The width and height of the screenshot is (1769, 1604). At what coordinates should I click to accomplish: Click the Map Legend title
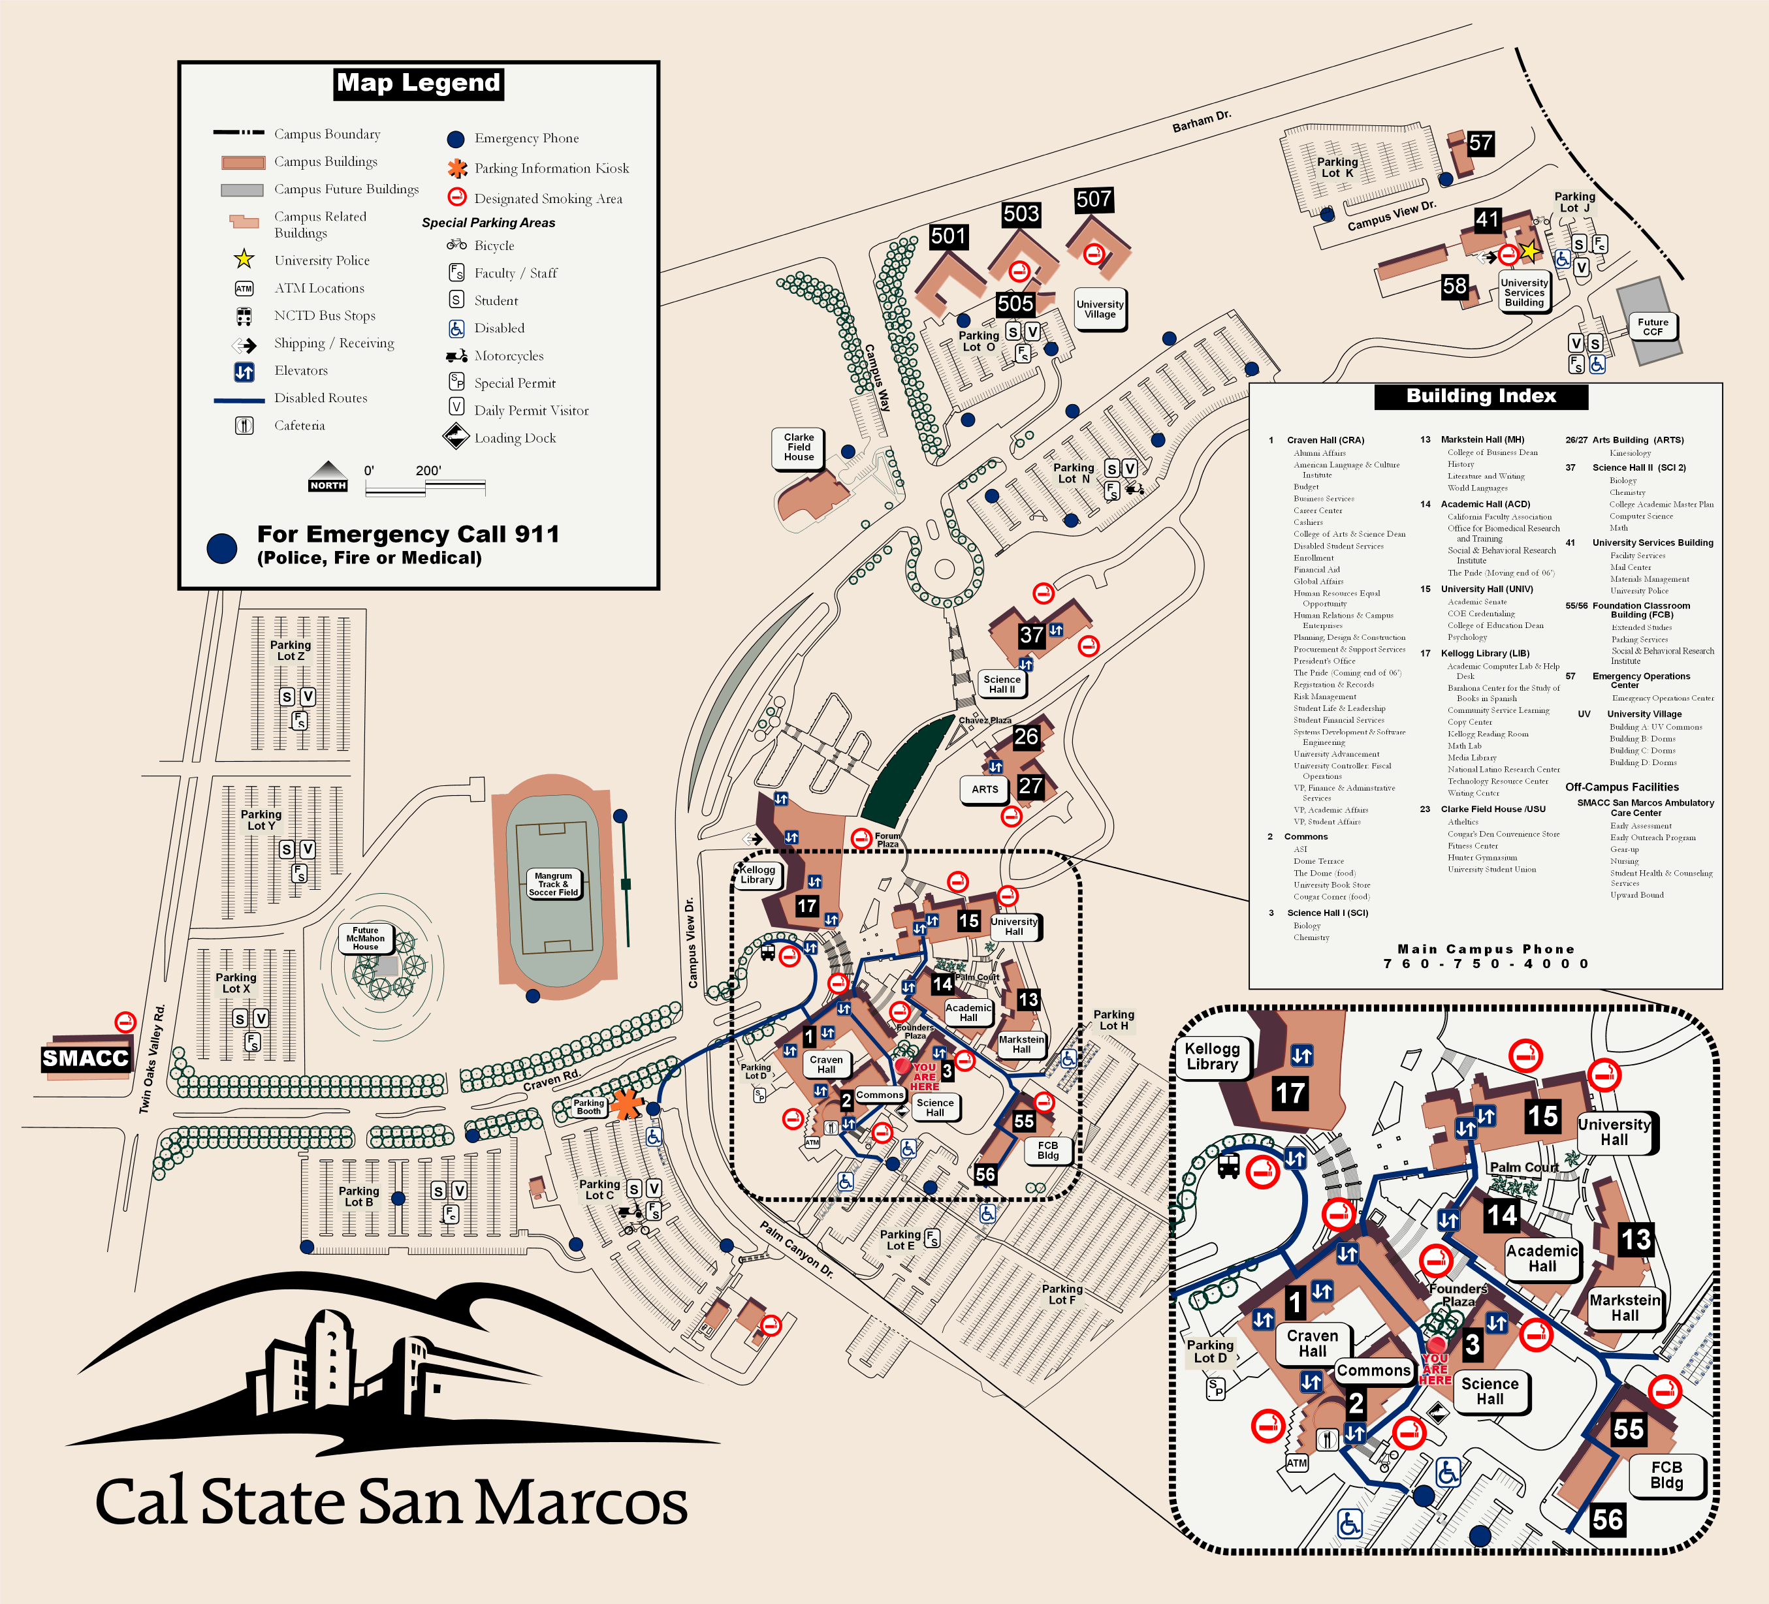[x=419, y=84]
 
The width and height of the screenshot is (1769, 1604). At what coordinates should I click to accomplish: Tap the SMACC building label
[x=85, y=1058]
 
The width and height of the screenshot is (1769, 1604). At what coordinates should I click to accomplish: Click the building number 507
[x=1093, y=200]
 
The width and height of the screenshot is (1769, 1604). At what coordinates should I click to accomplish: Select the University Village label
[x=1100, y=309]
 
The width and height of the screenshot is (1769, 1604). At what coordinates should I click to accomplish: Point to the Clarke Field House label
[x=799, y=447]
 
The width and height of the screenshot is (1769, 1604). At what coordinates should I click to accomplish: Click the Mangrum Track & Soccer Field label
[x=553, y=884]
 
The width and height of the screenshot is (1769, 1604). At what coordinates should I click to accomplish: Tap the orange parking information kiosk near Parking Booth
[x=626, y=1103]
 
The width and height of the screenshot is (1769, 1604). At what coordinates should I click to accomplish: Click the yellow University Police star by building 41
[x=1529, y=251]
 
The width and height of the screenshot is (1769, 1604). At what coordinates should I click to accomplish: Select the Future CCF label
[x=1652, y=326]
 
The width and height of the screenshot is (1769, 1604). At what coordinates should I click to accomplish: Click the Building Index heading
[x=1480, y=396]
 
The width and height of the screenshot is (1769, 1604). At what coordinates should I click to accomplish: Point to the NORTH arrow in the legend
[x=328, y=477]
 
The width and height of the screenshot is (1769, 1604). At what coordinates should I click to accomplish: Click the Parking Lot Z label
[x=291, y=650]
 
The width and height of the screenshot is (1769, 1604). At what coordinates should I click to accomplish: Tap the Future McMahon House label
[x=366, y=938]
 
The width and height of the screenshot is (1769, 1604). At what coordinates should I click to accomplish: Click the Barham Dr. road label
[x=1202, y=121]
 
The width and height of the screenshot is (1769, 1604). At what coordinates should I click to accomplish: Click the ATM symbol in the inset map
[x=1297, y=1464]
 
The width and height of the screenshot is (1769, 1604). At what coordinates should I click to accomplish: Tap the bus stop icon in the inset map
[x=1228, y=1166]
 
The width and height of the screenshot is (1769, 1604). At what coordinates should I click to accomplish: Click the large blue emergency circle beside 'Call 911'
[x=222, y=548]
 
